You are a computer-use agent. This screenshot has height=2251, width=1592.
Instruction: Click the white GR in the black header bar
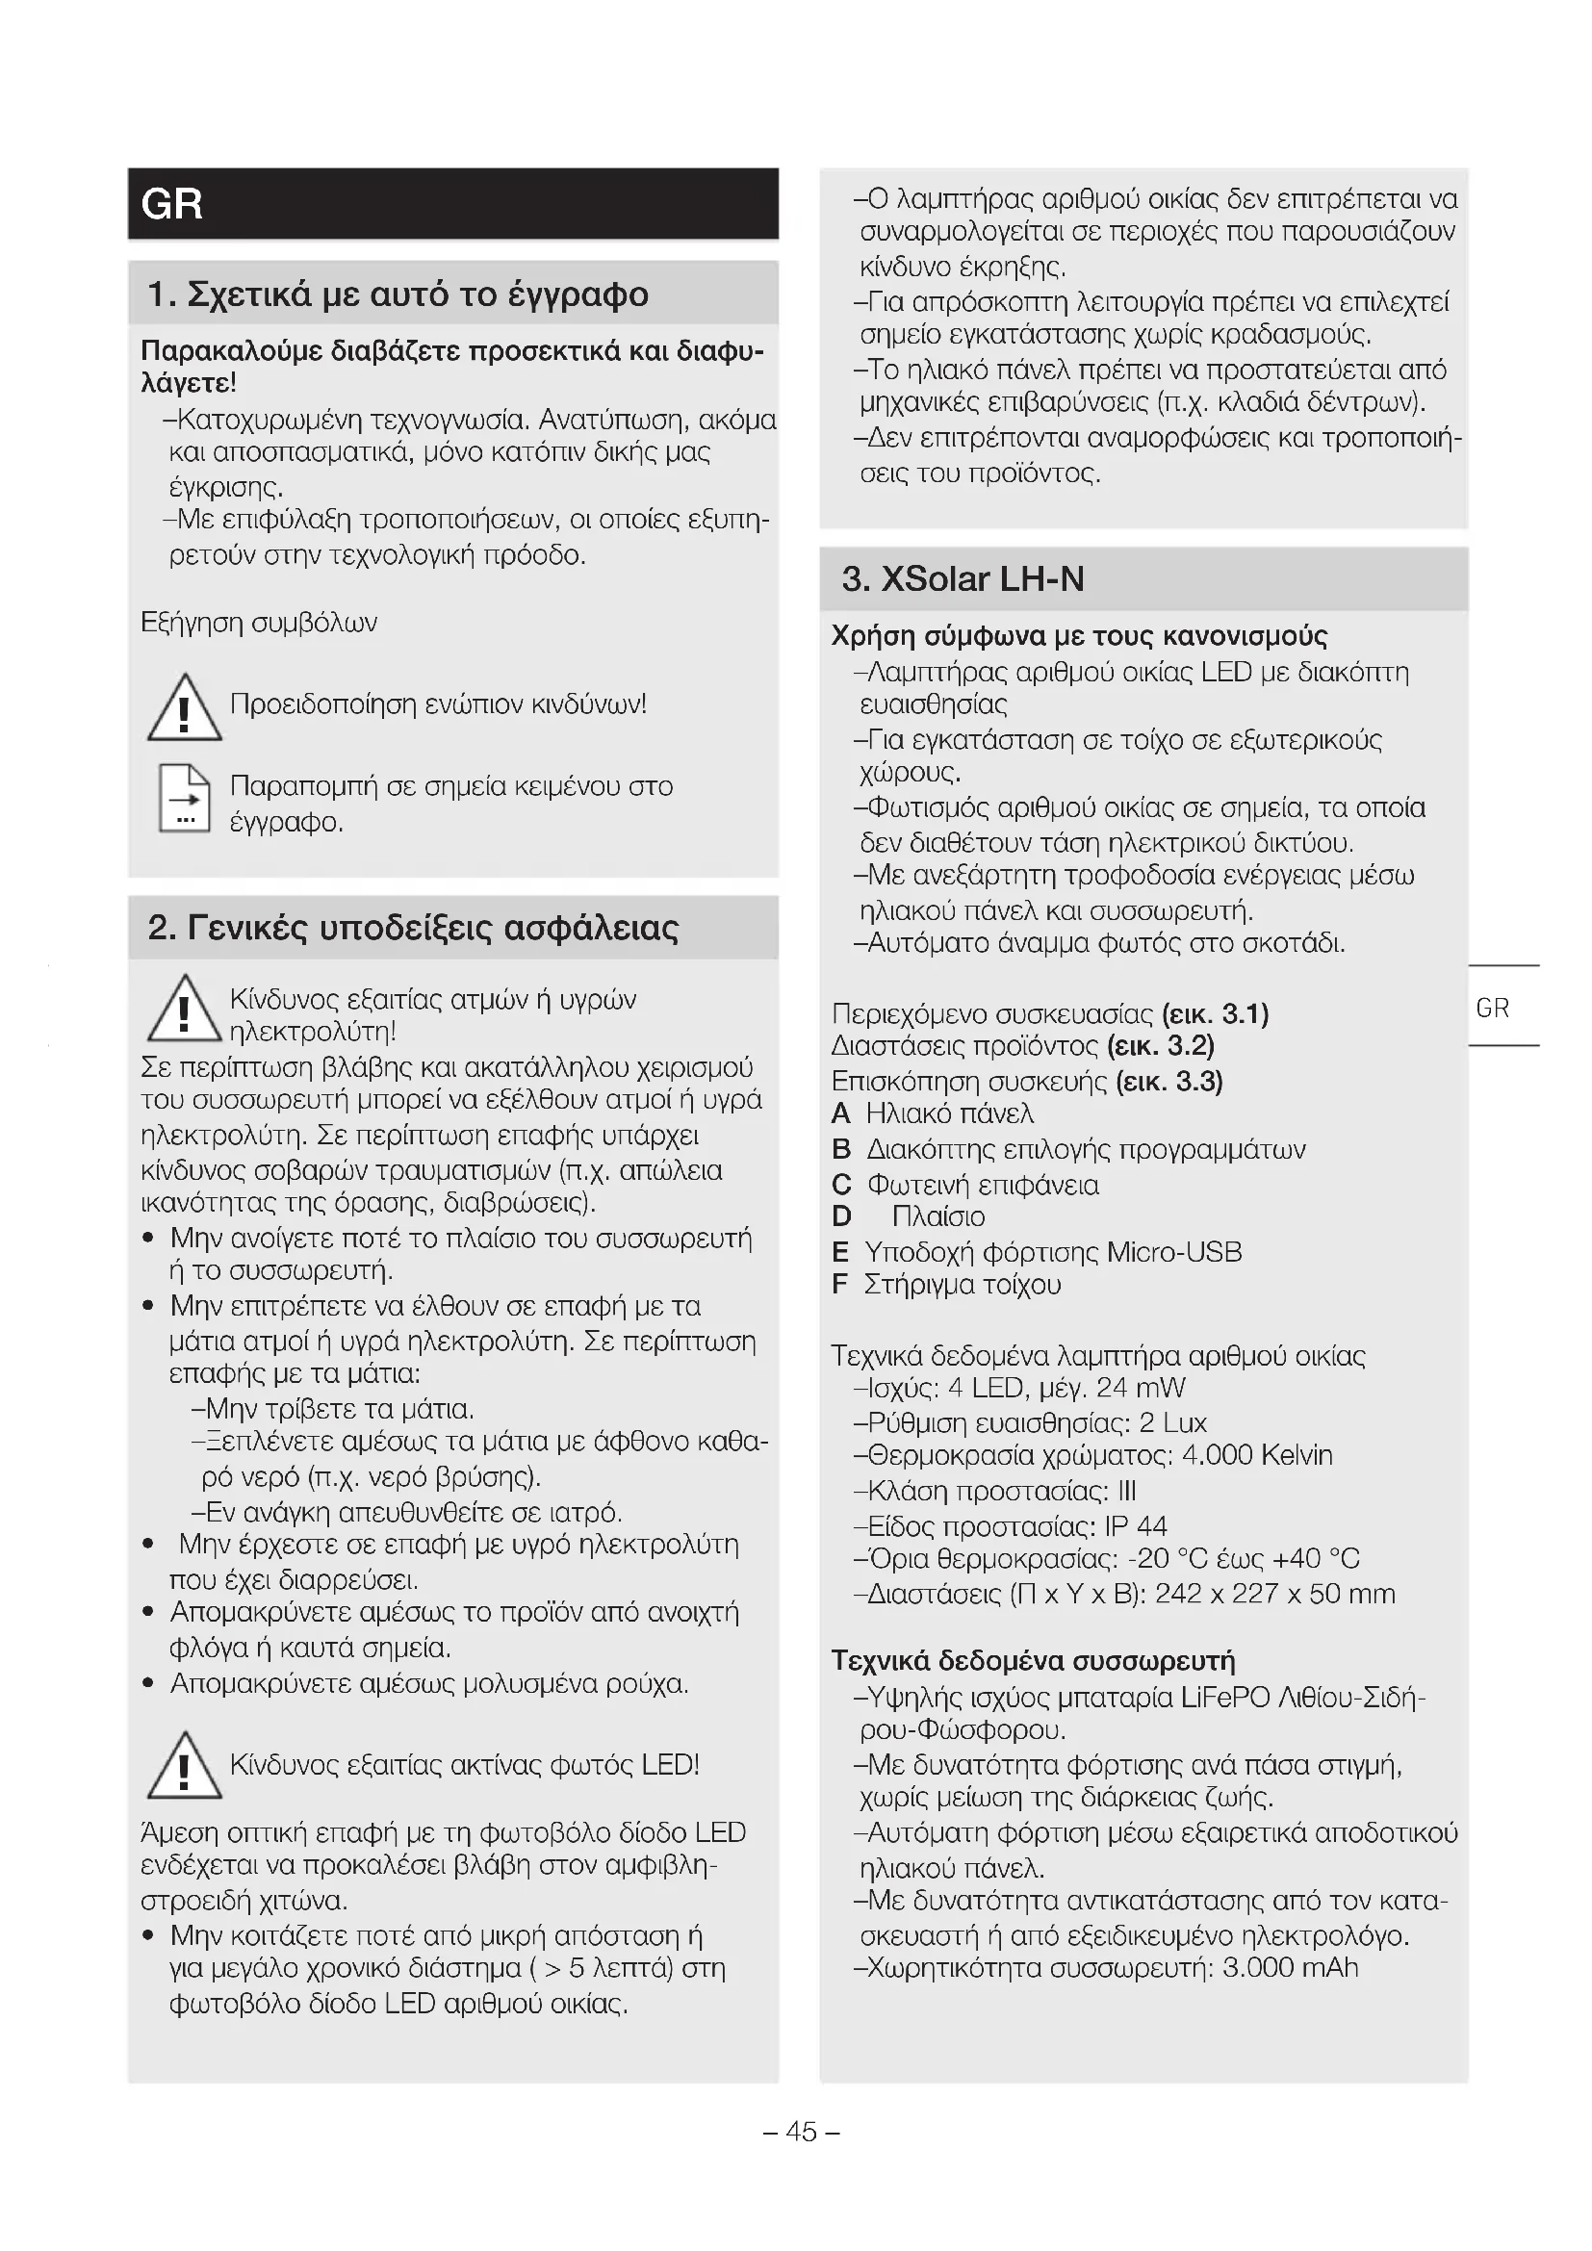pos(172,204)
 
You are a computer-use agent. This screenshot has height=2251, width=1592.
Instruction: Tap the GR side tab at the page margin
pos(1492,1008)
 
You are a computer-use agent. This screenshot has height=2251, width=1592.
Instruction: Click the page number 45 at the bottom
pos(801,2132)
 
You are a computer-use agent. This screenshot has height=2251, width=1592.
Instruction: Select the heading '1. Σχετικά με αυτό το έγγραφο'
pos(398,294)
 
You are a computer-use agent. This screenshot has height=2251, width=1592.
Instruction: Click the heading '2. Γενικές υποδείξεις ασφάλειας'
pos(413,928)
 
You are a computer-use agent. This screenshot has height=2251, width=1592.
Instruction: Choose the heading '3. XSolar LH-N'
pos(963,579)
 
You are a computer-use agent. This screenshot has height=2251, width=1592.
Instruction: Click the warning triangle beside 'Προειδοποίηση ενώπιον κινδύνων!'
pos(183,709)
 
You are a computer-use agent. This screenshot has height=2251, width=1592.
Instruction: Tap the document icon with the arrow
pos(184,798)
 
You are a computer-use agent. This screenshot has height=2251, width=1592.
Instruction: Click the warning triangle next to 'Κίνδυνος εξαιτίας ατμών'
pos(183,1010)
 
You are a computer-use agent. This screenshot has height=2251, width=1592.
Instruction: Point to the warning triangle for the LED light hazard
pos(183,1767)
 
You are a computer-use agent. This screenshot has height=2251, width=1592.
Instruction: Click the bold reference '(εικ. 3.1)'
pos(1215,1013)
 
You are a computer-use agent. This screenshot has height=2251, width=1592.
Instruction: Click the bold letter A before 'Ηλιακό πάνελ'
pos(841,1114)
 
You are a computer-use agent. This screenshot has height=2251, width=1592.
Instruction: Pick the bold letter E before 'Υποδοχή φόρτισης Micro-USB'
pos(840,1252)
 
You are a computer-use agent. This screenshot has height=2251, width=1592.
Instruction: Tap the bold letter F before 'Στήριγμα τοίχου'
pos(839,1285)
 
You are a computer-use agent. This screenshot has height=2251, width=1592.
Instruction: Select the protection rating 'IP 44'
pos(1135,1526)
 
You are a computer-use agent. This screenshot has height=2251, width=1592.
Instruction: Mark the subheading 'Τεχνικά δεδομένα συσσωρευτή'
pos(1033,1661)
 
